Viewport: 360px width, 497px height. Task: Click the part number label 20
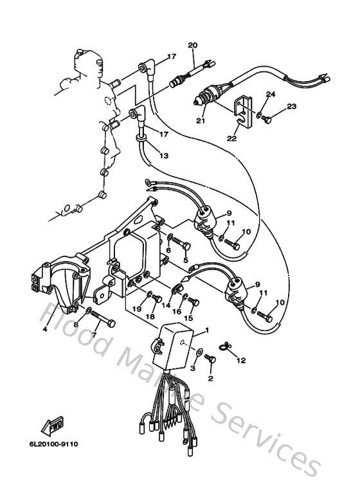pos(192,45)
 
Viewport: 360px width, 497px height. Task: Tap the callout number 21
pos(200,120)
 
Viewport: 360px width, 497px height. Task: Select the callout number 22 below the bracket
pos(231,138)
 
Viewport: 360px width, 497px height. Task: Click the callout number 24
pos(270,95)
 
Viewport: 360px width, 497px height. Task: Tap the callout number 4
pos(45,330)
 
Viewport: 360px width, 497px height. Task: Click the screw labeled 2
pos(209,362)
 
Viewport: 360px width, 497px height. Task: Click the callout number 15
pos(189,318)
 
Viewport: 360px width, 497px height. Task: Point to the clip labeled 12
pos(225,348)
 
